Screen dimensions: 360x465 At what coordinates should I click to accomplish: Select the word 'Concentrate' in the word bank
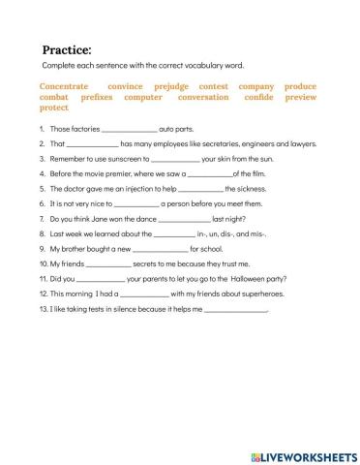pyautogui.click(x=65, y=85)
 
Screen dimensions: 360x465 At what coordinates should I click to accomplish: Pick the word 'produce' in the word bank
pyautogui.click(x=300, y=85)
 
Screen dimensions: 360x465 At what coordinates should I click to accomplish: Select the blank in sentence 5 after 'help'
pyautogui.click(x=200, y=190)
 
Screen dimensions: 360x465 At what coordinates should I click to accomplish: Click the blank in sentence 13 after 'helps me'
pyautogui.click(x=235, y=311)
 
